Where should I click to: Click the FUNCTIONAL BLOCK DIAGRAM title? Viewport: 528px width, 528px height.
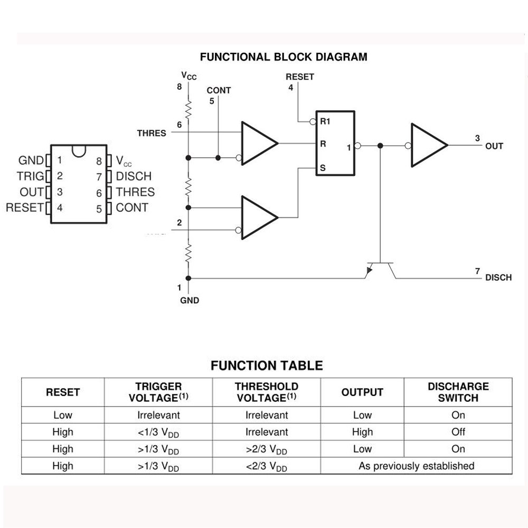pos(284,56)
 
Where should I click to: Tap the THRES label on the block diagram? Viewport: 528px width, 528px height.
pos(152,133)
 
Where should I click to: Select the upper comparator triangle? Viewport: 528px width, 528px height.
pos(258,143)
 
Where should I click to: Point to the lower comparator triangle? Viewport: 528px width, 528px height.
pos(258,217)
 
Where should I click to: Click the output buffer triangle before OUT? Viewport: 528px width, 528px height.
pos(428,145)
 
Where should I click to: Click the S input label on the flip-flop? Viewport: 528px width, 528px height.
pos(323,168)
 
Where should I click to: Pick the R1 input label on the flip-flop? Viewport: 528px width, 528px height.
pos(325,121)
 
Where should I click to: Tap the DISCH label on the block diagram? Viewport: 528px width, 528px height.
pos(498,278)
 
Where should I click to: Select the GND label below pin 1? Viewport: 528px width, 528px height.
pos(190,300)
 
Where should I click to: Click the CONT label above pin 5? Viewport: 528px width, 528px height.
pos(219,90)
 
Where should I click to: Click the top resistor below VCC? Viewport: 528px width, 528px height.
pos(188,109)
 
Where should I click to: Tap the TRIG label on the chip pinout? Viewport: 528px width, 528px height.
pos(31,176)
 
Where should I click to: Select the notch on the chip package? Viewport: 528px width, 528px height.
pos(79,150)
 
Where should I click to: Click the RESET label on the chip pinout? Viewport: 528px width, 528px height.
pos(24,208)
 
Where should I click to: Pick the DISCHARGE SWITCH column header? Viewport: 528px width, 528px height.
pos(458,392)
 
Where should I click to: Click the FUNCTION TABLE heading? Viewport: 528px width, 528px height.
pos(267,365)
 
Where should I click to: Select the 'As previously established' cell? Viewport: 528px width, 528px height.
pos(416,466)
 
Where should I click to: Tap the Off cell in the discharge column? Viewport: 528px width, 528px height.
pos(458,432)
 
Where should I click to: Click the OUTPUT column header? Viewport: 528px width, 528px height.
pos(362,392)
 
